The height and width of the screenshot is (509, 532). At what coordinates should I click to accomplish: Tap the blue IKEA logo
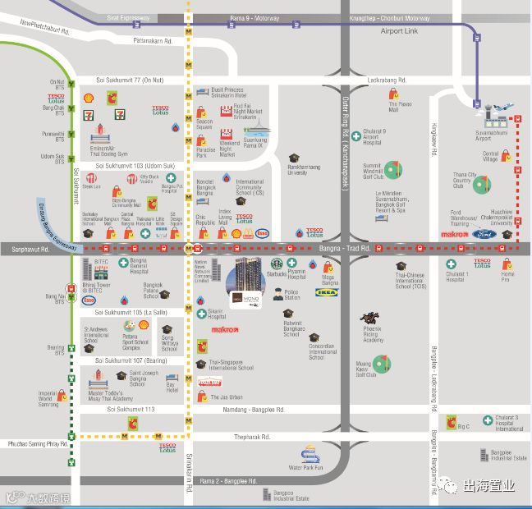[326, 291]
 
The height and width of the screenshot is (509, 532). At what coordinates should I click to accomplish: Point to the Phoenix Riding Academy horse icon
[369, 318]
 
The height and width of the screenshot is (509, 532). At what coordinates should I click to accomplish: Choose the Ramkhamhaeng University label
[297, 171]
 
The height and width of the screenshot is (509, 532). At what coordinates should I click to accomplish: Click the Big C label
[463, 427]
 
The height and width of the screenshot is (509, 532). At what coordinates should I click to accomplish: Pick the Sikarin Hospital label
[217, 315]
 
